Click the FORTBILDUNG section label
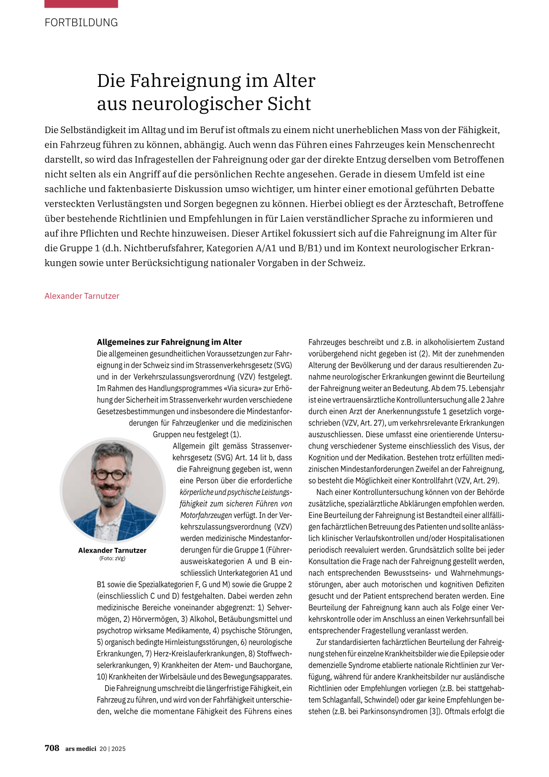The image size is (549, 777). (81, 23)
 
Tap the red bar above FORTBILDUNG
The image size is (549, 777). (81, 4)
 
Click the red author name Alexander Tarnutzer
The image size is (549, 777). (82, 296)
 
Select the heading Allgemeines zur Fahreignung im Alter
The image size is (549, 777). (169, 342)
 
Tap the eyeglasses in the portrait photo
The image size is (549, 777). (110, 474)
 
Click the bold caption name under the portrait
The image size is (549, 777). (112, 550)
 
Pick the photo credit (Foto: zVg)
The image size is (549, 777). (112, 558)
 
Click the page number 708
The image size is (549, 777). (52, 748)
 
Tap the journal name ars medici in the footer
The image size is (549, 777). (80, 749)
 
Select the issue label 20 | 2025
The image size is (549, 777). (113, 749)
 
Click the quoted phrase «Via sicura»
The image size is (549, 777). (214, 388)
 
